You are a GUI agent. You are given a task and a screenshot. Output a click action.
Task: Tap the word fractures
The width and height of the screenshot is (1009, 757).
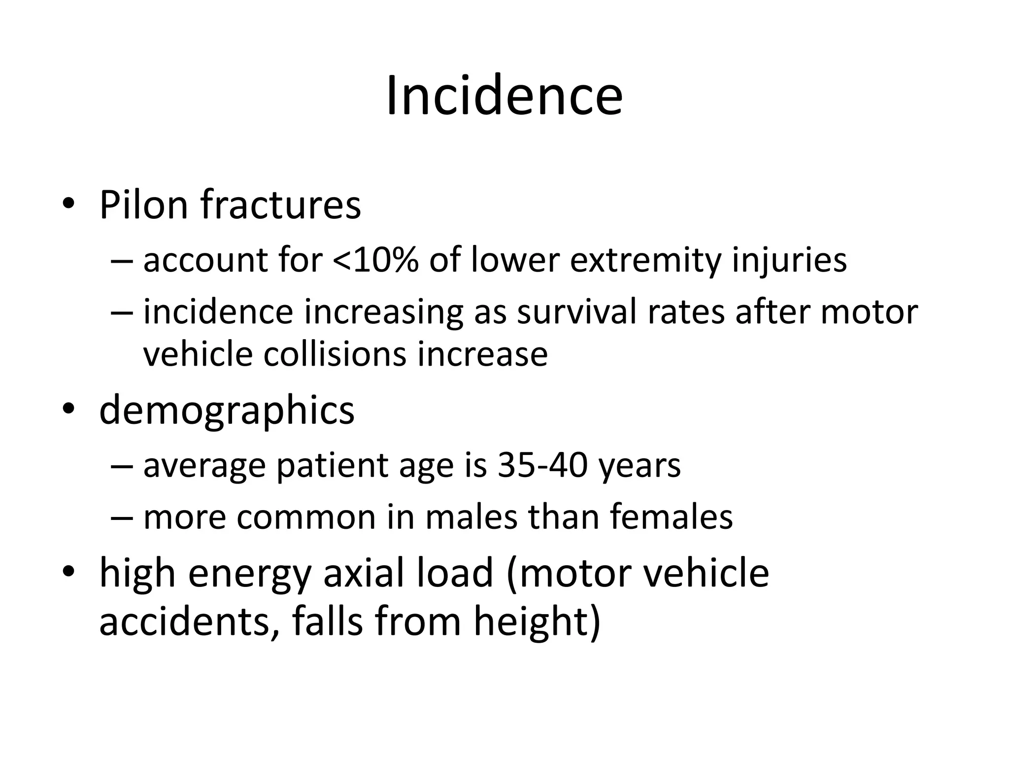tap(281, 205)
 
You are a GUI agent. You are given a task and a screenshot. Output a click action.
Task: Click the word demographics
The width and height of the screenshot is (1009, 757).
tap(227, 411)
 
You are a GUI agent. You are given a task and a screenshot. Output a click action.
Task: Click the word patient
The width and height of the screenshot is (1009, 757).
tap(333, 466)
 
